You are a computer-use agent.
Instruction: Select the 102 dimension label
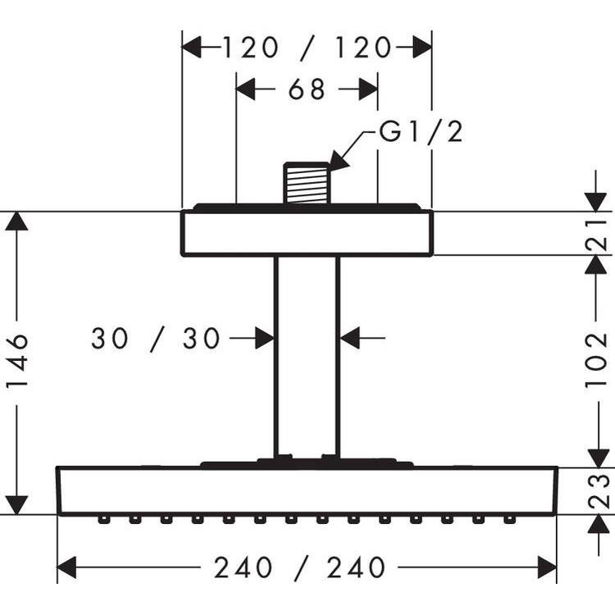597,360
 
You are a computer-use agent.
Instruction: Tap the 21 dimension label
597,235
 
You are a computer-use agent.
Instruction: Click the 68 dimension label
307,89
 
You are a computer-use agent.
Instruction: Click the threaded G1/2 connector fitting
307,183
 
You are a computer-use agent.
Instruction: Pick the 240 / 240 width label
299,567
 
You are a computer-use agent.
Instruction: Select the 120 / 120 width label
307,48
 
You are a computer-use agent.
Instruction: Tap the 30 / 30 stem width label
156,338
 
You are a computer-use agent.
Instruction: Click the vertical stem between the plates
307,357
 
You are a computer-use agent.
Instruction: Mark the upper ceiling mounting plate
307,233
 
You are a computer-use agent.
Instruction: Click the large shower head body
307,490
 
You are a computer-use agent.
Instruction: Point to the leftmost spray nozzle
103,520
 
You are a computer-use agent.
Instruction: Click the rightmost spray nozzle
509,520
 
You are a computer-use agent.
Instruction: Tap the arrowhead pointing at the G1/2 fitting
338,161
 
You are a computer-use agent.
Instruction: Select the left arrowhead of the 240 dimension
66,567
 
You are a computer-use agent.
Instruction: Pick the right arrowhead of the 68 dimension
368,89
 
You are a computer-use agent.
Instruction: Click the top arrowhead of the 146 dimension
16,221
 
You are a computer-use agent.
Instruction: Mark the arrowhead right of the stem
350,338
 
